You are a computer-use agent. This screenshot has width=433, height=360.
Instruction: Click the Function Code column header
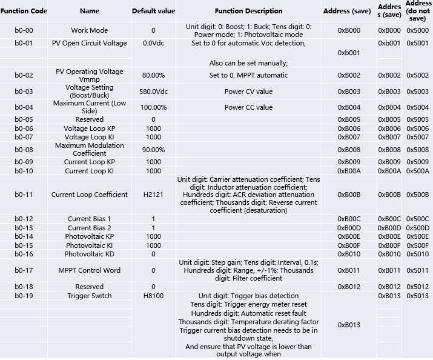[x=24, y=11]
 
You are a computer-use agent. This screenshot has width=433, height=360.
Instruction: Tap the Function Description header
[x=248, y=11]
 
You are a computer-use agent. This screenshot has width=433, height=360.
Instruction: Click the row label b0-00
[x=24, y=30]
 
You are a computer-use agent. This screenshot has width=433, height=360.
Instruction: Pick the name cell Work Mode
[x=89, y=30]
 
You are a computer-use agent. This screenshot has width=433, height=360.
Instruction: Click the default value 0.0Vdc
[x=153, y=43]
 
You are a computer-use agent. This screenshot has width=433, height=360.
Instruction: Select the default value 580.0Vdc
[x=153, y=92]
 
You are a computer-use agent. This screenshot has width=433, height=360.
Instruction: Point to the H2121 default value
[x=153, y=195]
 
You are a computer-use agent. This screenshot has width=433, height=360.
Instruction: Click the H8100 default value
[x=153, y=296]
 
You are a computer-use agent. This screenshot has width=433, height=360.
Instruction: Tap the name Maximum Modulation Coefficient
[x=89, y=150]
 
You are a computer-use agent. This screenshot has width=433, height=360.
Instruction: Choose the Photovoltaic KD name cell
[x=89, y=254]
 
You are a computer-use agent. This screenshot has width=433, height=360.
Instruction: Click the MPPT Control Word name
[x=89, y=270]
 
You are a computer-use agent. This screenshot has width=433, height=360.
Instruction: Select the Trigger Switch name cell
[x=89, y=296]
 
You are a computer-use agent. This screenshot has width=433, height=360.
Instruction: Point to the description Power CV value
[x=248, y=92]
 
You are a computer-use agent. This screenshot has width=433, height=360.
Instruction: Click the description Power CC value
[x=248, y=107]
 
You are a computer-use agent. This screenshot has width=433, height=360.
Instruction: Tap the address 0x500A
[x=417, y=171]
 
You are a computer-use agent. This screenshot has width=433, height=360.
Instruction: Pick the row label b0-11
[x=24, y=195]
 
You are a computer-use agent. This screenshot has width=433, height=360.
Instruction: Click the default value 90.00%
[x=153, y=150]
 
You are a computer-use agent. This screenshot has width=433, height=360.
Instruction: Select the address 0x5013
[x=417, y=296]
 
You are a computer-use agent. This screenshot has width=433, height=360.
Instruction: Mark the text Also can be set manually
[x=248, y=63]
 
